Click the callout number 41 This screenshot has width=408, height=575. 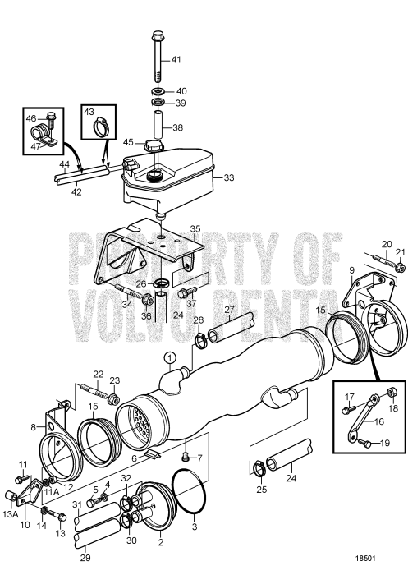coord(176,60)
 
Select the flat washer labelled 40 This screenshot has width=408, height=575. coord(157,90)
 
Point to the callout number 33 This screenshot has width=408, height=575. coord(229,176)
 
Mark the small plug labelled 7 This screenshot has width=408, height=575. coord(187,455)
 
